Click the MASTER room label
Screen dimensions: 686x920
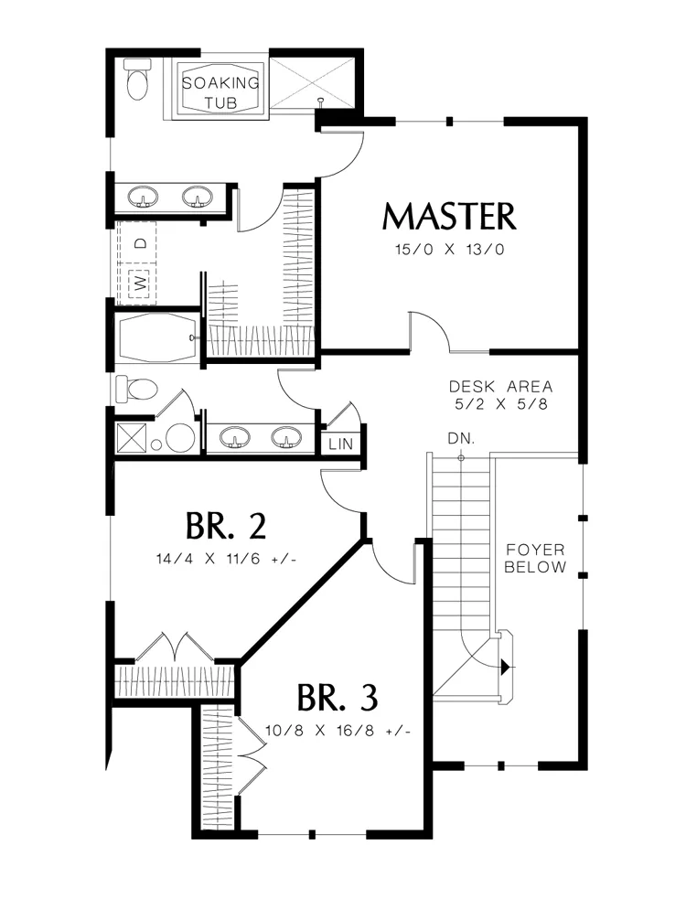click(x=449, y=216)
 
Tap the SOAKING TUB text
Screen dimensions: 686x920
click(x=220, y=92)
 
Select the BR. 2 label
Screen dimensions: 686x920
click(x=226, y=526)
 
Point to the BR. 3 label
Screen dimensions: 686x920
click(x=337, y=698)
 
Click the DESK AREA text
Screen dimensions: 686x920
click(x=500, y=387)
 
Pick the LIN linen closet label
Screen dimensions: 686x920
click(x=340, y=444)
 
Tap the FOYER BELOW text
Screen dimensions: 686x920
click(x=535, y=559)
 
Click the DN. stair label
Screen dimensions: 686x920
click(x=461, y=438)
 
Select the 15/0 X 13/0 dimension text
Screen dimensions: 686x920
click(x=449, y=250)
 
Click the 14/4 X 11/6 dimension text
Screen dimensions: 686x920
click(x=226, y=559)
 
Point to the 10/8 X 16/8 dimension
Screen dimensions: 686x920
click(x=338, y=731)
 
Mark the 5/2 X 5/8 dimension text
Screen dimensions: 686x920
click(x=500, y=404)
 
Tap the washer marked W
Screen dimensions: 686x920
click(x=138, y=283)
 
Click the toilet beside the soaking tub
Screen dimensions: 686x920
click(x=138, y=79)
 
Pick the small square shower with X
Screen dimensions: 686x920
click(x=129, y=438)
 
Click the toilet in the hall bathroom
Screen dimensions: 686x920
click(x=136, y=389)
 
